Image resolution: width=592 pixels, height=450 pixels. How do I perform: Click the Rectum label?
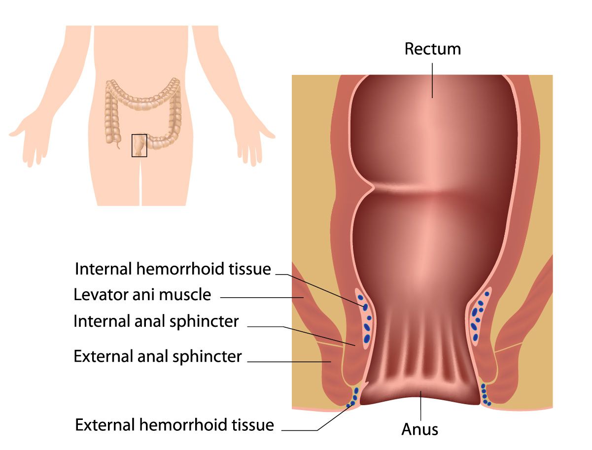[432, 49]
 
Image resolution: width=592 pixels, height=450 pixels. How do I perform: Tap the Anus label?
[419, 429]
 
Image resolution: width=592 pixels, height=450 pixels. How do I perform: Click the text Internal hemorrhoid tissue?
[173, 269]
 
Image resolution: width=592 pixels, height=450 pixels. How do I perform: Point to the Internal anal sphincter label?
[156, 321]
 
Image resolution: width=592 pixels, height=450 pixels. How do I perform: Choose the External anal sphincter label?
[158, 356]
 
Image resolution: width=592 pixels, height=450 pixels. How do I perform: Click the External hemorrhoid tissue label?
[174, 425]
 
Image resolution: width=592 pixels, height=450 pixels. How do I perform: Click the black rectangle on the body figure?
[139, 145]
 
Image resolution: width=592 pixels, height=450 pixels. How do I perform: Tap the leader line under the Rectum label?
[432, 81]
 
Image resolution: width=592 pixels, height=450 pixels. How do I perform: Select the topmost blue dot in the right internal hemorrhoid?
[487, 294]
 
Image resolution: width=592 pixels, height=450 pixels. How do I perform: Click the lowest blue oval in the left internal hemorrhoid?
[367, 339]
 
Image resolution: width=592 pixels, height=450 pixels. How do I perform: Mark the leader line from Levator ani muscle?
[262, 298]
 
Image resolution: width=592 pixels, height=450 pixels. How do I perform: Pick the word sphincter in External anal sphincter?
[207, 356]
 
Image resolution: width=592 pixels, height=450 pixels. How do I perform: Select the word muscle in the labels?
[185, 294]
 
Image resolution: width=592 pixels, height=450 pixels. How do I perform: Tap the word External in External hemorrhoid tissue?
[105, 425]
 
